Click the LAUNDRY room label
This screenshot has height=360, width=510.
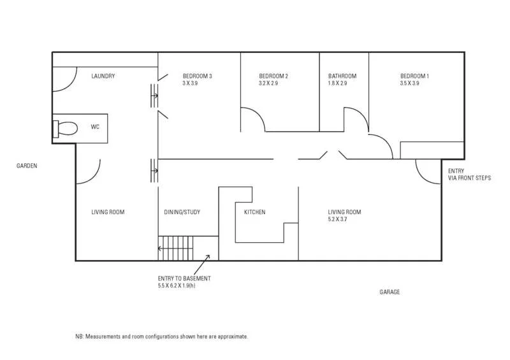(103, 76)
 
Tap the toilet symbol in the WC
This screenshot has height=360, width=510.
(64, 128)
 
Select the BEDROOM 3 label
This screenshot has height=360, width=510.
(197, 76)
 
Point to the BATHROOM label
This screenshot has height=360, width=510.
(342, 76)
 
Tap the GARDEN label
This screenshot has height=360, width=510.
(27, 166)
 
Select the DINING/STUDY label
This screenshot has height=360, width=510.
(182, 212)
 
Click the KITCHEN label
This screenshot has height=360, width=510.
(254, 212)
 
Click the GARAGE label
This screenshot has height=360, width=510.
(390, 292)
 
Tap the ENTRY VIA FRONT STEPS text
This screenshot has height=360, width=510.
(469, 175)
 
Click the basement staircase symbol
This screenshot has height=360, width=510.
(175, 248)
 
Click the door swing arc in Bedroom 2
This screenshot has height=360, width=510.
(254, 119)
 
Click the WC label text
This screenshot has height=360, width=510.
(95, 127)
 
